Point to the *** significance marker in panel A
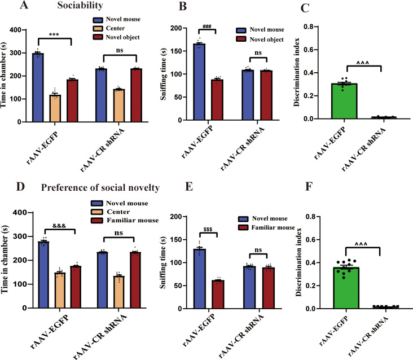tap(54, 34)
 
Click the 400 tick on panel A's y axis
tap(21, 29)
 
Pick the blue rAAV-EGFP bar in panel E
tap(199, 279)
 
